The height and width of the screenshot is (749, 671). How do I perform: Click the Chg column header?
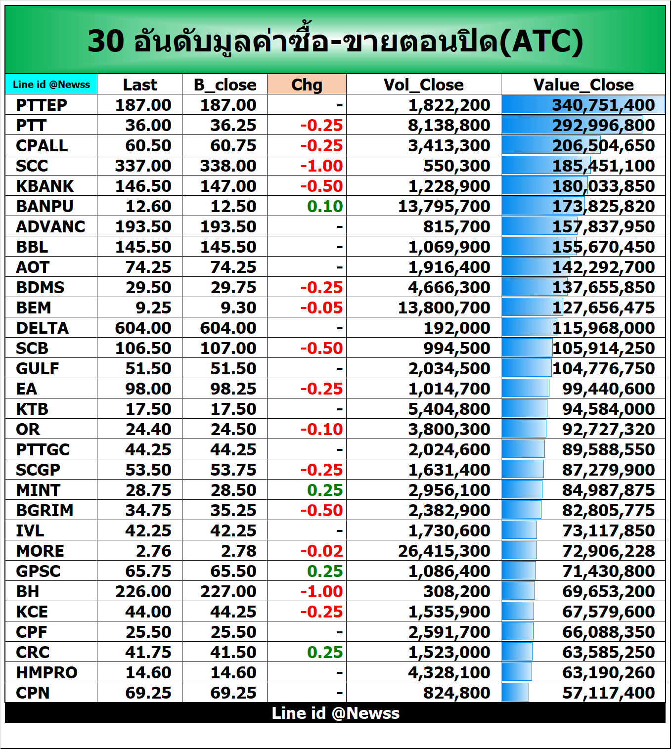307,85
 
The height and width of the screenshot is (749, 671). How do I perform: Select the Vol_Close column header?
423,85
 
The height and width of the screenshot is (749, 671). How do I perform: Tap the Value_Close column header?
583,85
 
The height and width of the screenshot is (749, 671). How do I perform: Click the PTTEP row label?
42,105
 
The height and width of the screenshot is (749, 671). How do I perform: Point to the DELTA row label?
42,328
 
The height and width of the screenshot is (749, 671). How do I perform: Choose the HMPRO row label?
46,672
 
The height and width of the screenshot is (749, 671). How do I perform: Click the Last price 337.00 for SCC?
143,166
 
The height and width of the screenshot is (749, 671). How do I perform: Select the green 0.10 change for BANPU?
325,206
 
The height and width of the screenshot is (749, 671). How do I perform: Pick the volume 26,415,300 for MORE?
444,551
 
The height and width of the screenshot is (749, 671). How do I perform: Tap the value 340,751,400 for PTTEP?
603,105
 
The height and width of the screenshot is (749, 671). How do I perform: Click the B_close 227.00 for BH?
228,591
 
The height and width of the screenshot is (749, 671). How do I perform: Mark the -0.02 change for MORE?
321,551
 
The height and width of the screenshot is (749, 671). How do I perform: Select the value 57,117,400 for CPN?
608,693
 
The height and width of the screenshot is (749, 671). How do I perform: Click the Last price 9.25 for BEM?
153,308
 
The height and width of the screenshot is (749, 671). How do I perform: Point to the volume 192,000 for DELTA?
456,328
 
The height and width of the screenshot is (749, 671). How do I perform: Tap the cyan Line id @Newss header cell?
51,85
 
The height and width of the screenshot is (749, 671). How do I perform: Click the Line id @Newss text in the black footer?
335,713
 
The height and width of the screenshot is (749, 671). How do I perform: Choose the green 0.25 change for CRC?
325,652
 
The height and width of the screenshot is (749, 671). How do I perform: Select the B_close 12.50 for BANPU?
233,206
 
